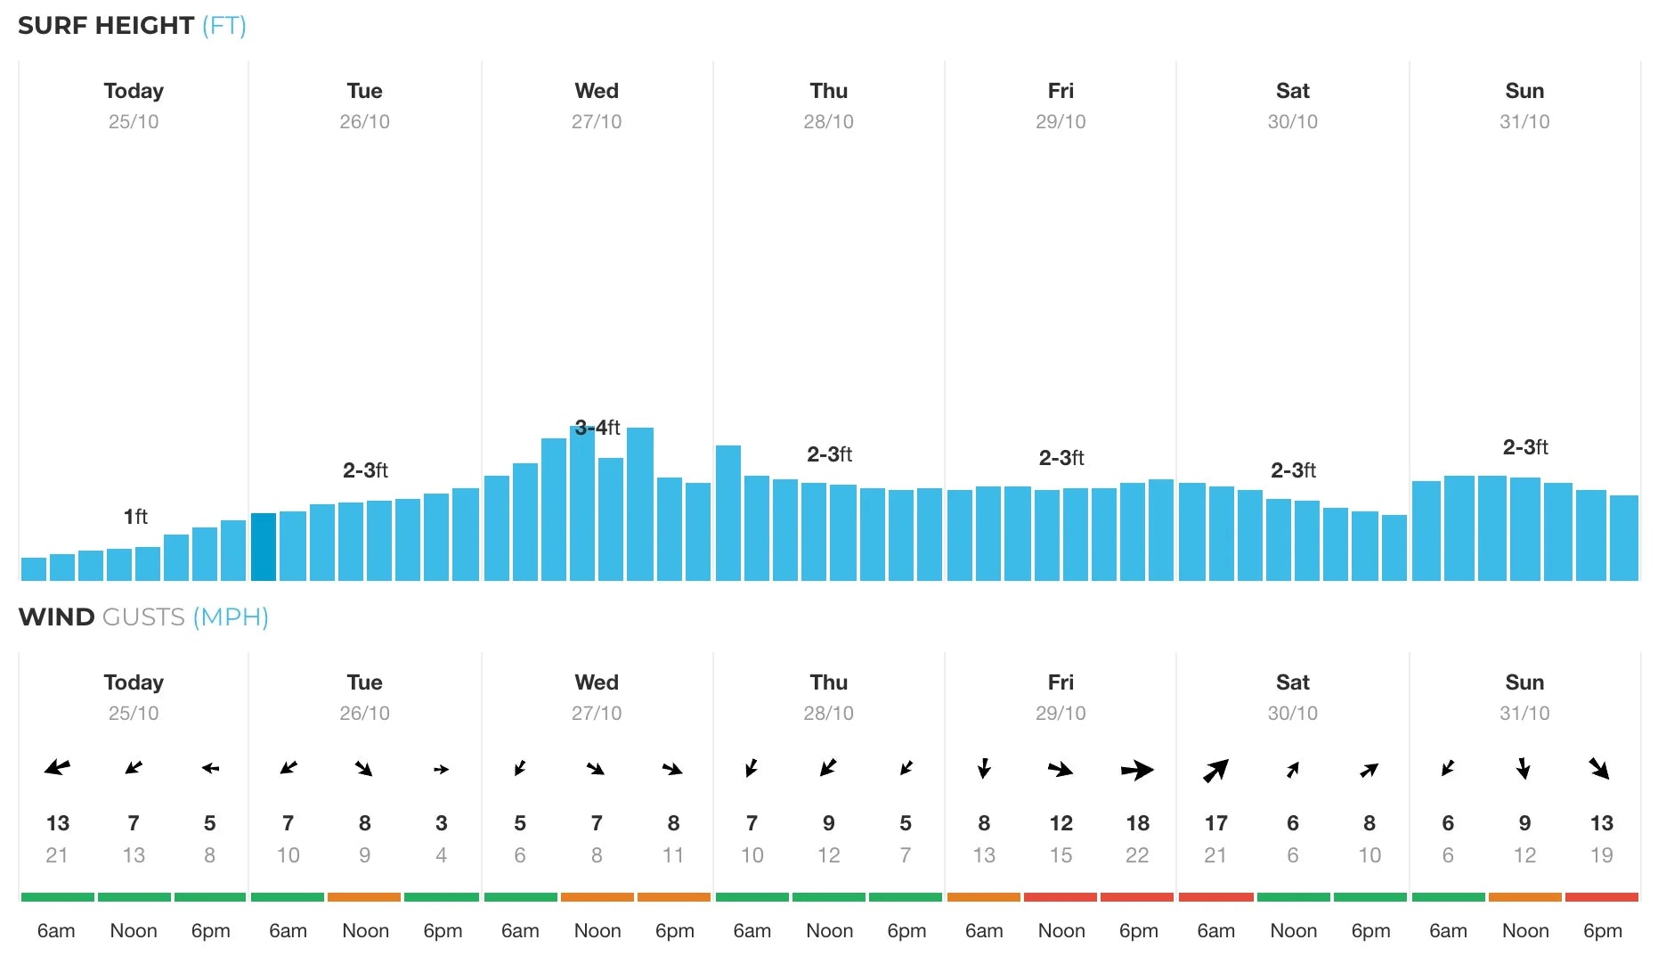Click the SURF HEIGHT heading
[105, 26]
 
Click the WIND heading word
[56, 617]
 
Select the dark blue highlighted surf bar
[263, 547]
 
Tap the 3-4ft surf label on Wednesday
[597, 428]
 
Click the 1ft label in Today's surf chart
[135, 517]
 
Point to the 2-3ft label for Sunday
[1524, 447]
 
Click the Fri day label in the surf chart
[1060, 91]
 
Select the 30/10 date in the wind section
[1292, 713]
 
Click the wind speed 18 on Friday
[1137, 823]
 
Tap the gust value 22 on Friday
[1137, 855]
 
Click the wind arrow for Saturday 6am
[1215, 770]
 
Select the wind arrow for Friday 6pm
[1137, 770]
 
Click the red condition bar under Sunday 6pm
[1601, 897]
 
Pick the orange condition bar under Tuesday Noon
[364, 897]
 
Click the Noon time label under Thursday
[829, 931]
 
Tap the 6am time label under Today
[56, 931]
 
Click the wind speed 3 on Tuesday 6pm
[441, 823]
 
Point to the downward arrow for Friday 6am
[984, 768]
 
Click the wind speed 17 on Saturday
[1215, 823]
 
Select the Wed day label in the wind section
[596, 682]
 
